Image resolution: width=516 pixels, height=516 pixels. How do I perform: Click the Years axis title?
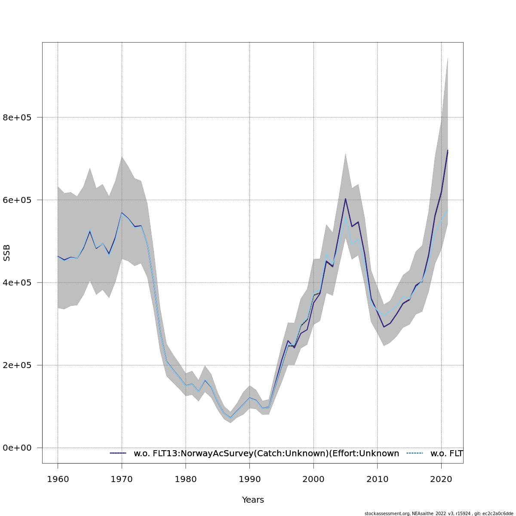253,500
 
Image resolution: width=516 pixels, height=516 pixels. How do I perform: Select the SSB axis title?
6,253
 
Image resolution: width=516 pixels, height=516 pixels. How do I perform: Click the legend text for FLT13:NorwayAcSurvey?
266,453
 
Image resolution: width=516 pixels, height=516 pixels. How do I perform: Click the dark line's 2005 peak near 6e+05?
345,199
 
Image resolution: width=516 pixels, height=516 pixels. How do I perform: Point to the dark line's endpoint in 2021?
448,150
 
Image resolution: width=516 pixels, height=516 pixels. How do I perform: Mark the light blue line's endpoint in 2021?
448,210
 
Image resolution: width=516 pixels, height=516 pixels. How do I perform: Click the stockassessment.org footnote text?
439,513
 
